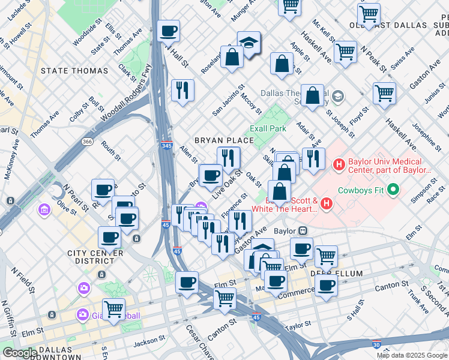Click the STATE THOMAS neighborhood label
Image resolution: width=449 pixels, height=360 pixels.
pos(74,71)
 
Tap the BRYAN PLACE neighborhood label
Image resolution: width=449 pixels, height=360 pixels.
pos(224,140)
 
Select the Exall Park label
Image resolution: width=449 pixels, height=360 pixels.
pos(268,128)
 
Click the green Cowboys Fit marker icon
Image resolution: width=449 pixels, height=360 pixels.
pos(394,191)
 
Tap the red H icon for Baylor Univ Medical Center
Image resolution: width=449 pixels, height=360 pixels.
pos(339,163)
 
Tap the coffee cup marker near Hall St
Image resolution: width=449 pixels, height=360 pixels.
pos(168,31)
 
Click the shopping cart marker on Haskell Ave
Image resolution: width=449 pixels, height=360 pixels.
pos(345,52)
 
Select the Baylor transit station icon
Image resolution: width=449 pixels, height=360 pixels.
pos(304,230)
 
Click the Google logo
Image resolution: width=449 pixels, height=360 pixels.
pos(20,353)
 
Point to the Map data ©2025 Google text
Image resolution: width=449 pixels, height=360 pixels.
pos(412,355)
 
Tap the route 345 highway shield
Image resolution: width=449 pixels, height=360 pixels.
pos(167,146)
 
